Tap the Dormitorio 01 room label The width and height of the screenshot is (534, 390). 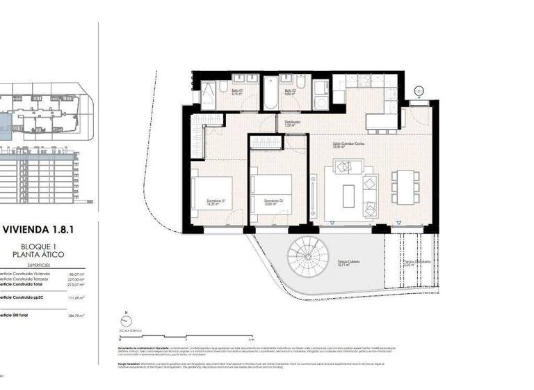pos(216,202)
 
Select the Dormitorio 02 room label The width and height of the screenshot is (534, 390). pos(273,202)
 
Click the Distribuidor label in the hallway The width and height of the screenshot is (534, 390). pos(293,123)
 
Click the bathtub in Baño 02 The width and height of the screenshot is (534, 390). pos(270,94)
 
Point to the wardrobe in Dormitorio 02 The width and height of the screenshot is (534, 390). pos(265,143)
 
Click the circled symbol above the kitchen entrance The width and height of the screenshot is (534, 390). pos(418,90)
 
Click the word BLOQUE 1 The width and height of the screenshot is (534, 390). pos(44,247)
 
